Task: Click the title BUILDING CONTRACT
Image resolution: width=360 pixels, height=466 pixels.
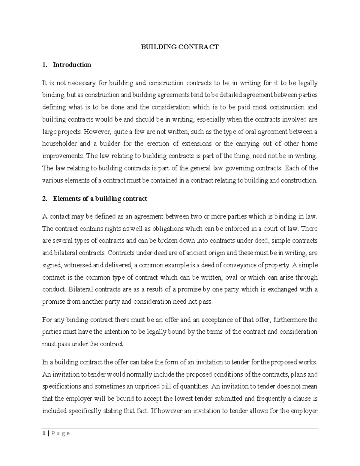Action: pyautogui.click(x=180, y=47)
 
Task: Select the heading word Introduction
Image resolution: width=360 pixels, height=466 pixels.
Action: pyautogui.click(x=72, y=65)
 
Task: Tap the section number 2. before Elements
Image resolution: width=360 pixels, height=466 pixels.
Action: pyautogui.click(x=45, y=199)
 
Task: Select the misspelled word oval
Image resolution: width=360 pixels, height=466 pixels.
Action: pyautogui.click(x=231, y=277)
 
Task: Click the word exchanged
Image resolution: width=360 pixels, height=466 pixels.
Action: pyautogui.click(x=284, y=290)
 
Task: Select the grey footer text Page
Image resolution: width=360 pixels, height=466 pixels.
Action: pyautogui.click(x=60, y=433)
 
